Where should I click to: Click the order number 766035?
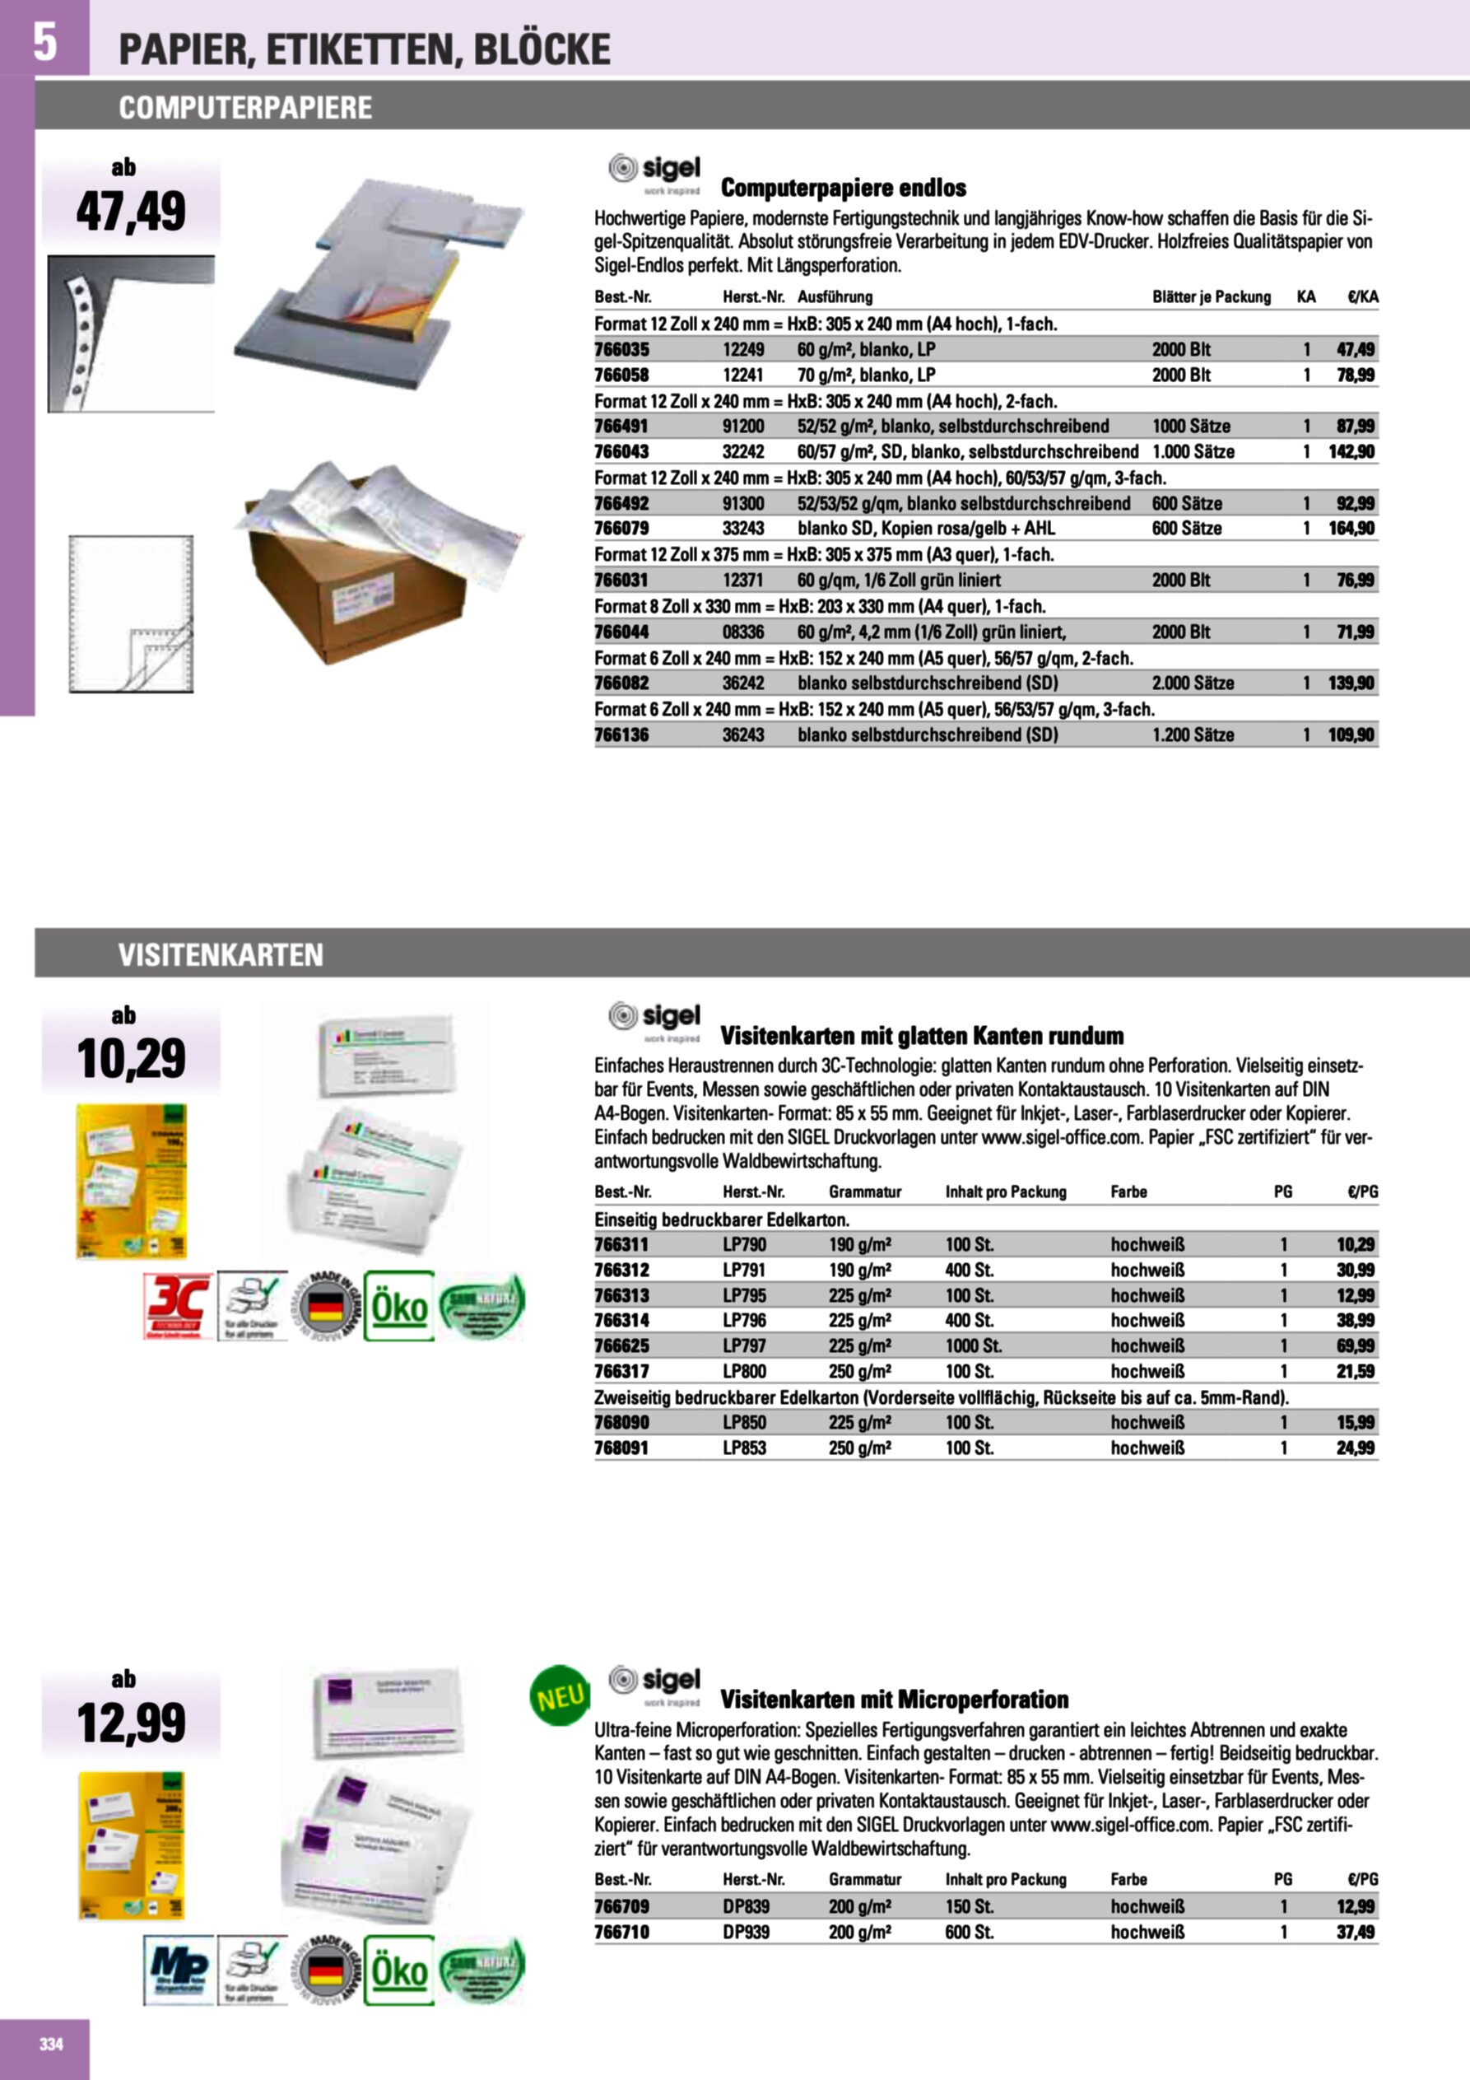tap(621, 349)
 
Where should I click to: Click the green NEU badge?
tap(559, 1696)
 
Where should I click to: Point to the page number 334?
tap(52, 2044)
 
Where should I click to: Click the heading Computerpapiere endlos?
tap(844, 188)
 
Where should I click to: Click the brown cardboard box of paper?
tap(353, 598)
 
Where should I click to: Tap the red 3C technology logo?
tap(179, 1305)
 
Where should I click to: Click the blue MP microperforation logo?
tap(179, 1970)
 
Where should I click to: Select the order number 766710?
tap(621, 1932)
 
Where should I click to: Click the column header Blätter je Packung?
tap(1211, 296)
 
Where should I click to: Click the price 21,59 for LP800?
tap(1355, 1371)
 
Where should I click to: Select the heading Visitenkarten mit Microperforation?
tap(894, 1700)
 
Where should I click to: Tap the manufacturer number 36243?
tap(742, 735)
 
